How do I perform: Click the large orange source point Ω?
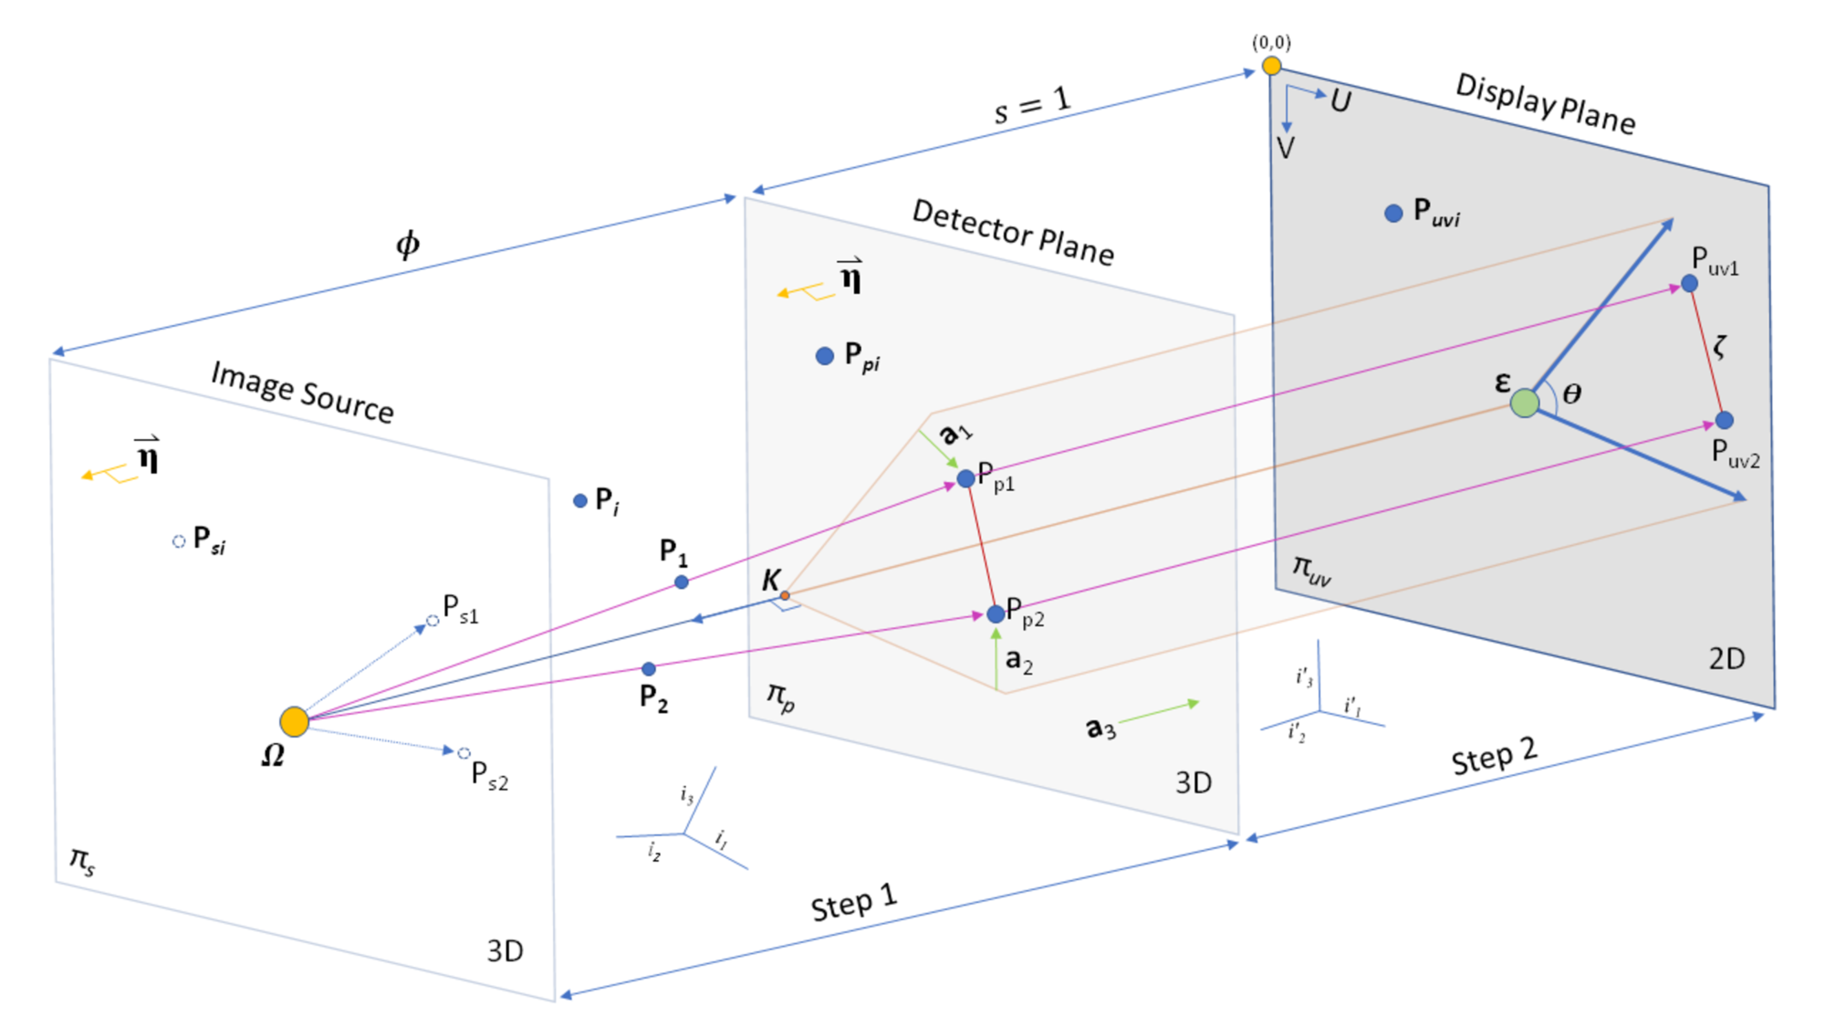(x=294, y=721)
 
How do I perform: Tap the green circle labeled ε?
(x=1524, y=403)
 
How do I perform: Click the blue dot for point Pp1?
(x=965, y=478)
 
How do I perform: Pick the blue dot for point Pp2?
(x=996, y=614)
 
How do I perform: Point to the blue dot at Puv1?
(x=1689, y=284)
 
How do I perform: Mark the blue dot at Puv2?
(x=1724, y=420)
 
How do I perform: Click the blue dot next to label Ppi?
(x=824, y=356)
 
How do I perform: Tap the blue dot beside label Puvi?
(x=1393, y=214)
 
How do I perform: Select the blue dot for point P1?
(x=681, y=582)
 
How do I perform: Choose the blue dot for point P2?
(x=648, y=669)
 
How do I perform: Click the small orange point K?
(x=784, y=596)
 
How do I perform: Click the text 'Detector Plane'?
(x=1013, y=233)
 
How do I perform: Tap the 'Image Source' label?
(x=302, y=392)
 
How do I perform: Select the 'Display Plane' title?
(x=1545, y=103)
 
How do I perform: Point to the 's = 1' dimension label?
(x=1031, y=106)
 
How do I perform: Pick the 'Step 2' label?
(x=1494, y=757)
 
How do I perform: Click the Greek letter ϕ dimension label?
(x=407, y=244)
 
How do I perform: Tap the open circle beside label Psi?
(x=179, y=541)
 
